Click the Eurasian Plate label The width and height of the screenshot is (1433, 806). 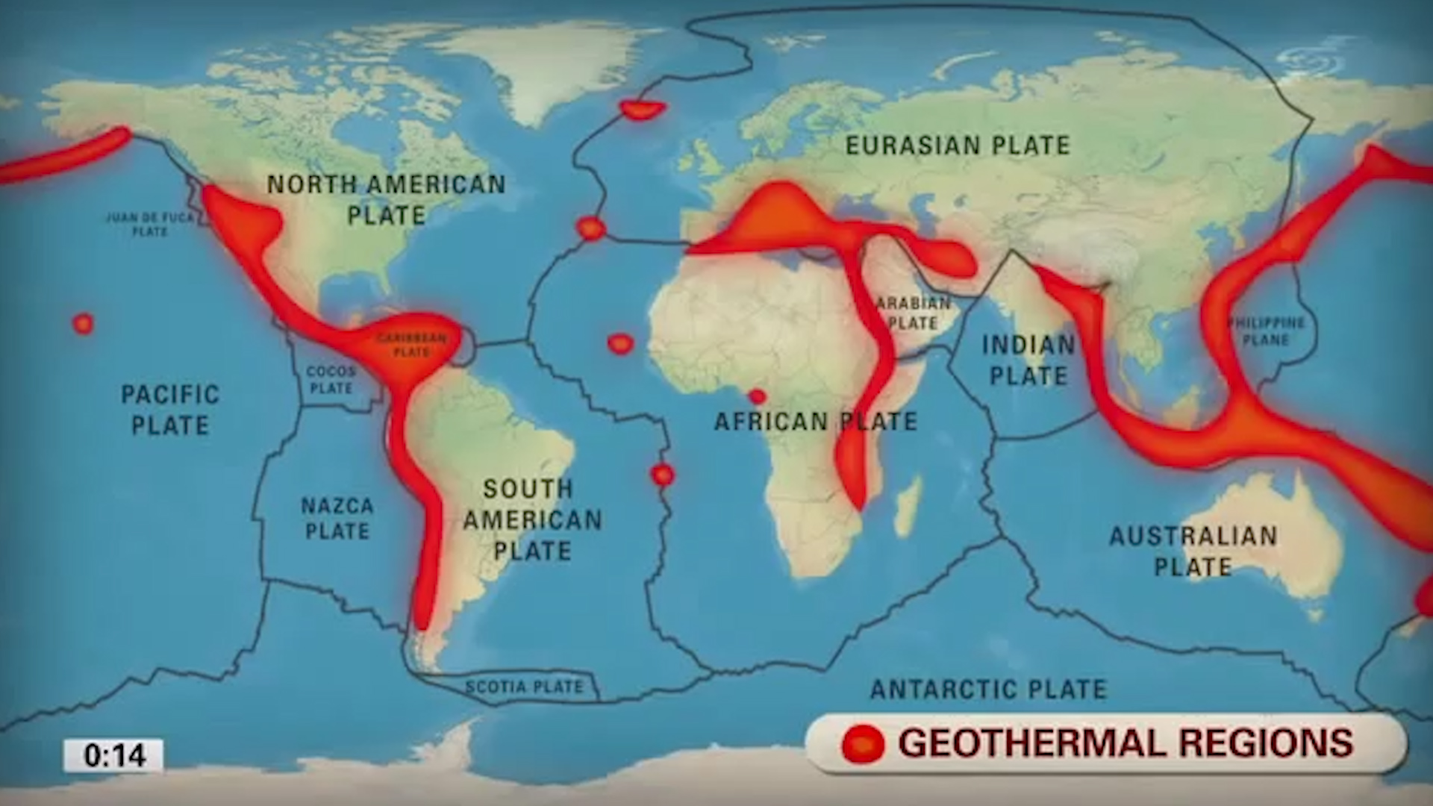(x=958, y=146)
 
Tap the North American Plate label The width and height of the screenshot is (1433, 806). (x=386, y=199)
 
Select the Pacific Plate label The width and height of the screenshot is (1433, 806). (x=170, y=410)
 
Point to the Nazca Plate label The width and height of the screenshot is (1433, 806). (x=337, y=519)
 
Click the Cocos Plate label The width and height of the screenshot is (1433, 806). (x=331, y=379)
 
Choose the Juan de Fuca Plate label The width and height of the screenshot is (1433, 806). (x=149, y=224)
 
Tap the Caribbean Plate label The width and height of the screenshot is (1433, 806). (x=411, y=345)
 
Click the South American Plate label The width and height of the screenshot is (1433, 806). (x=531, y=519)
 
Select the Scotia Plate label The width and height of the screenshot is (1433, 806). (x=524, y=687)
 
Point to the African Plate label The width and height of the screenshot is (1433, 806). (x=815, y=422)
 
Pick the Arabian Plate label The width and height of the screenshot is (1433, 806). (x=913, y=313)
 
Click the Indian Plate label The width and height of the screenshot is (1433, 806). (x=1028, y=360)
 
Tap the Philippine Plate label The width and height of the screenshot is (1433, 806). (x=1266, y=331)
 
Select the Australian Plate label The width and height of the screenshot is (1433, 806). (x=1193, y=551)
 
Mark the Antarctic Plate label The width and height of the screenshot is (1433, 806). (x=988, y=689)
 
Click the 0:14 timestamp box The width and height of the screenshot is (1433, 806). (x=113, y=755)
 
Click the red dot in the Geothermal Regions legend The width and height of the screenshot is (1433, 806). (x=863, y=744)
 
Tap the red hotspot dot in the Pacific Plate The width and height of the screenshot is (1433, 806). (x=83, y=324)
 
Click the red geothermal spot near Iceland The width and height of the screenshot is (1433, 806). (x=643, y=110)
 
